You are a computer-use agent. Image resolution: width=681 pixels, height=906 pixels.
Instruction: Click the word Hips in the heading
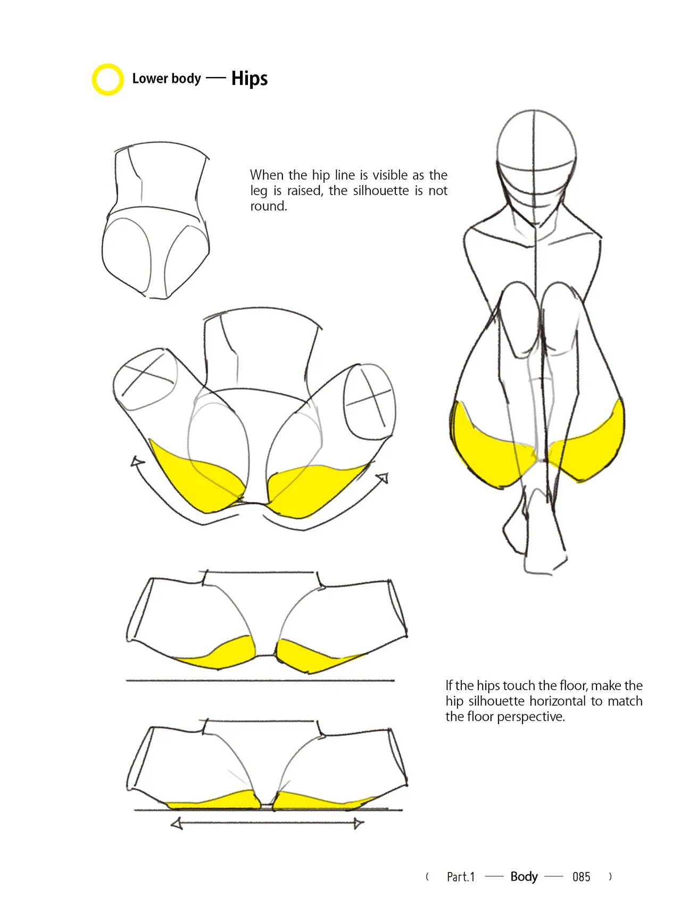click(x=250, y=78)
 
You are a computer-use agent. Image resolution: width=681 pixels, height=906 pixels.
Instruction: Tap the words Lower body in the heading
click(x=167, y=79)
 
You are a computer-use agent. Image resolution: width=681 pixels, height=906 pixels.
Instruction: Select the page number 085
click(x=582, y=877)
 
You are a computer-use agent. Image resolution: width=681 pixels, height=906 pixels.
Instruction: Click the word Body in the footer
click(x=524, y=877)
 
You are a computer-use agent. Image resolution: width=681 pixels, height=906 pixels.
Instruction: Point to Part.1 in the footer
click(x=461, y=877)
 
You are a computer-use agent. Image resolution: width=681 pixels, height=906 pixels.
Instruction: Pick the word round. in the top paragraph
click(x=269, y=206)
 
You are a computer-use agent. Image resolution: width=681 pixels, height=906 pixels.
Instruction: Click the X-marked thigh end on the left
click(x=145, y=380)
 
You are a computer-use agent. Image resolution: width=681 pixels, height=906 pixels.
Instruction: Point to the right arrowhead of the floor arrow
click(x=359, y=824)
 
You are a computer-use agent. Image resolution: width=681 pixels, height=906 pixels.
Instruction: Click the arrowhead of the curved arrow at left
click(x=137, y=462)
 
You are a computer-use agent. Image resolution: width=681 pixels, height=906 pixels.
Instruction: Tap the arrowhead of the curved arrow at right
click(x=383, y=478)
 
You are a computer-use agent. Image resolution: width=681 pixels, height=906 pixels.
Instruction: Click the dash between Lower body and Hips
click(x=216, y=79)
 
